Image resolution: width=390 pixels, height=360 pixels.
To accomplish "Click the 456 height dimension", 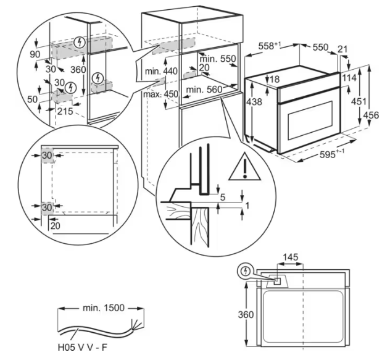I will pyautogui.click(x=372, y=115).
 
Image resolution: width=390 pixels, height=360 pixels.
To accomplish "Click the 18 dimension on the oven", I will pyautogui.click(x=275, y=78).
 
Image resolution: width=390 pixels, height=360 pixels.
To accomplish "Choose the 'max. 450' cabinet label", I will pyautogui.click(x=160, y=94).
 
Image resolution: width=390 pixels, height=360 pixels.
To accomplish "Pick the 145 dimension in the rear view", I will pyautogui.click(x=291, y=257).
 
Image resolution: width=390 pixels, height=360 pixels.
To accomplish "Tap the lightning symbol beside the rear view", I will pyautogui.click(x=247, y=270).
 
